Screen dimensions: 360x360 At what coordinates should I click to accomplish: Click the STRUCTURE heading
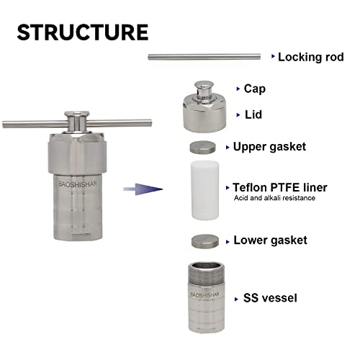[x=83, y=32]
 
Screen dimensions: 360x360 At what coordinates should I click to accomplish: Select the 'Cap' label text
[x=255, y=89]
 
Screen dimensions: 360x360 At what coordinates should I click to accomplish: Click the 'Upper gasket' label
[x=269, y=147]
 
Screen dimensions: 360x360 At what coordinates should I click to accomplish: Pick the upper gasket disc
[x=203, y=147]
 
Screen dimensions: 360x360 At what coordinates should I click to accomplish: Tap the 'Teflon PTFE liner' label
[x=279, y=186]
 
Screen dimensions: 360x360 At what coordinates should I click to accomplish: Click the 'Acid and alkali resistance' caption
[x=274, y=198]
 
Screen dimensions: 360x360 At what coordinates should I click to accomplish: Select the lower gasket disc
[x=204, y=240]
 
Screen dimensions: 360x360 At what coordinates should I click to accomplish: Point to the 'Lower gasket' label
[x=270, y=240]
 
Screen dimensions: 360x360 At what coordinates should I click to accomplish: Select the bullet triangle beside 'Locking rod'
[x=272, y=56]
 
